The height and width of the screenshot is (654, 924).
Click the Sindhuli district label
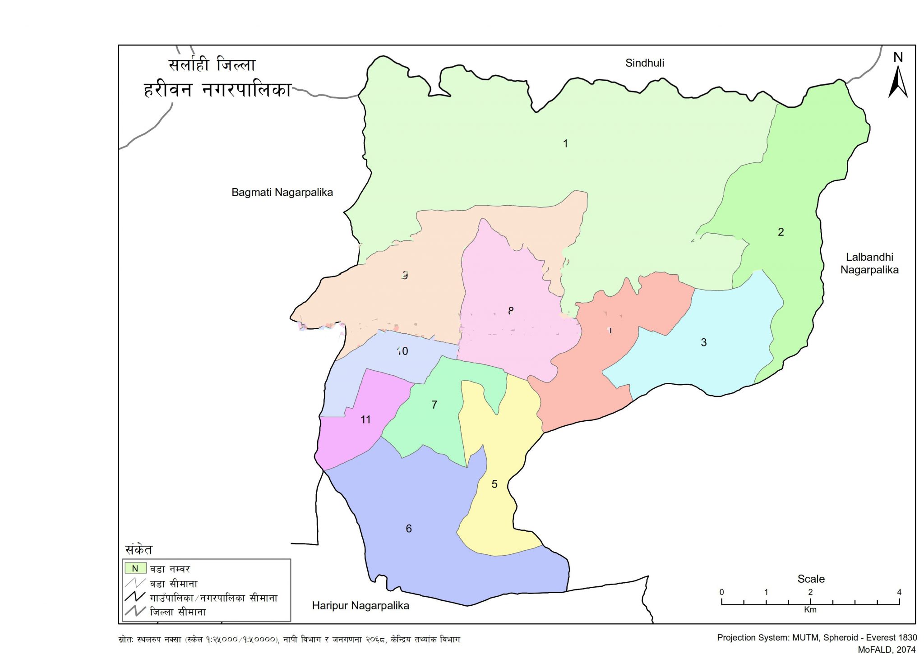click(x=644, y=63)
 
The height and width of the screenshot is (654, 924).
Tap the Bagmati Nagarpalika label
click(x=282, y=193)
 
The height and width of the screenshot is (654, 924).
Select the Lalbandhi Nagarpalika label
click(x=869, y=263)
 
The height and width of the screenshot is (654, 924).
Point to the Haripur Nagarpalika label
click(x=360, y=606)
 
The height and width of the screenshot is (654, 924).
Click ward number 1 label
click(x=565, y=143)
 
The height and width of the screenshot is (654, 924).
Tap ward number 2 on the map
click(x=781, y=232)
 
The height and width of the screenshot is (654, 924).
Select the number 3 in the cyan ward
click(x=703, y=342)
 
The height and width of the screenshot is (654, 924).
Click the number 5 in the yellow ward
click(x=494, y=484)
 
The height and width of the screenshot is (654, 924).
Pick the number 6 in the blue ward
click(x=409, y=529)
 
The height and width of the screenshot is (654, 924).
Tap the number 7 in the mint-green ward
click(x=434, y=405)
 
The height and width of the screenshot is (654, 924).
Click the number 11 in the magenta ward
click(x=365, y=420)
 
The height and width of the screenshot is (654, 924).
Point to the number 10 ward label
click(x=402, y=351)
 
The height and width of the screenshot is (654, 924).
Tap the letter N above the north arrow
click(x=898, y=57)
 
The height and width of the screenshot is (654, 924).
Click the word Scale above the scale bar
click(x=811, y=579)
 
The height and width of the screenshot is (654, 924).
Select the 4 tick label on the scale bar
click(x=899, y=592)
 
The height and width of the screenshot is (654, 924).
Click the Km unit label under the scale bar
click(x=810, y=610)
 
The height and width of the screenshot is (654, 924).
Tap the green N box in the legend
click(x=135, y=568)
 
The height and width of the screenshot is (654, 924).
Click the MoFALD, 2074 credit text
click(x=887, y=649)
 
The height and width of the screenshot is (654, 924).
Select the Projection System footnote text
click(x=817, y=637)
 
